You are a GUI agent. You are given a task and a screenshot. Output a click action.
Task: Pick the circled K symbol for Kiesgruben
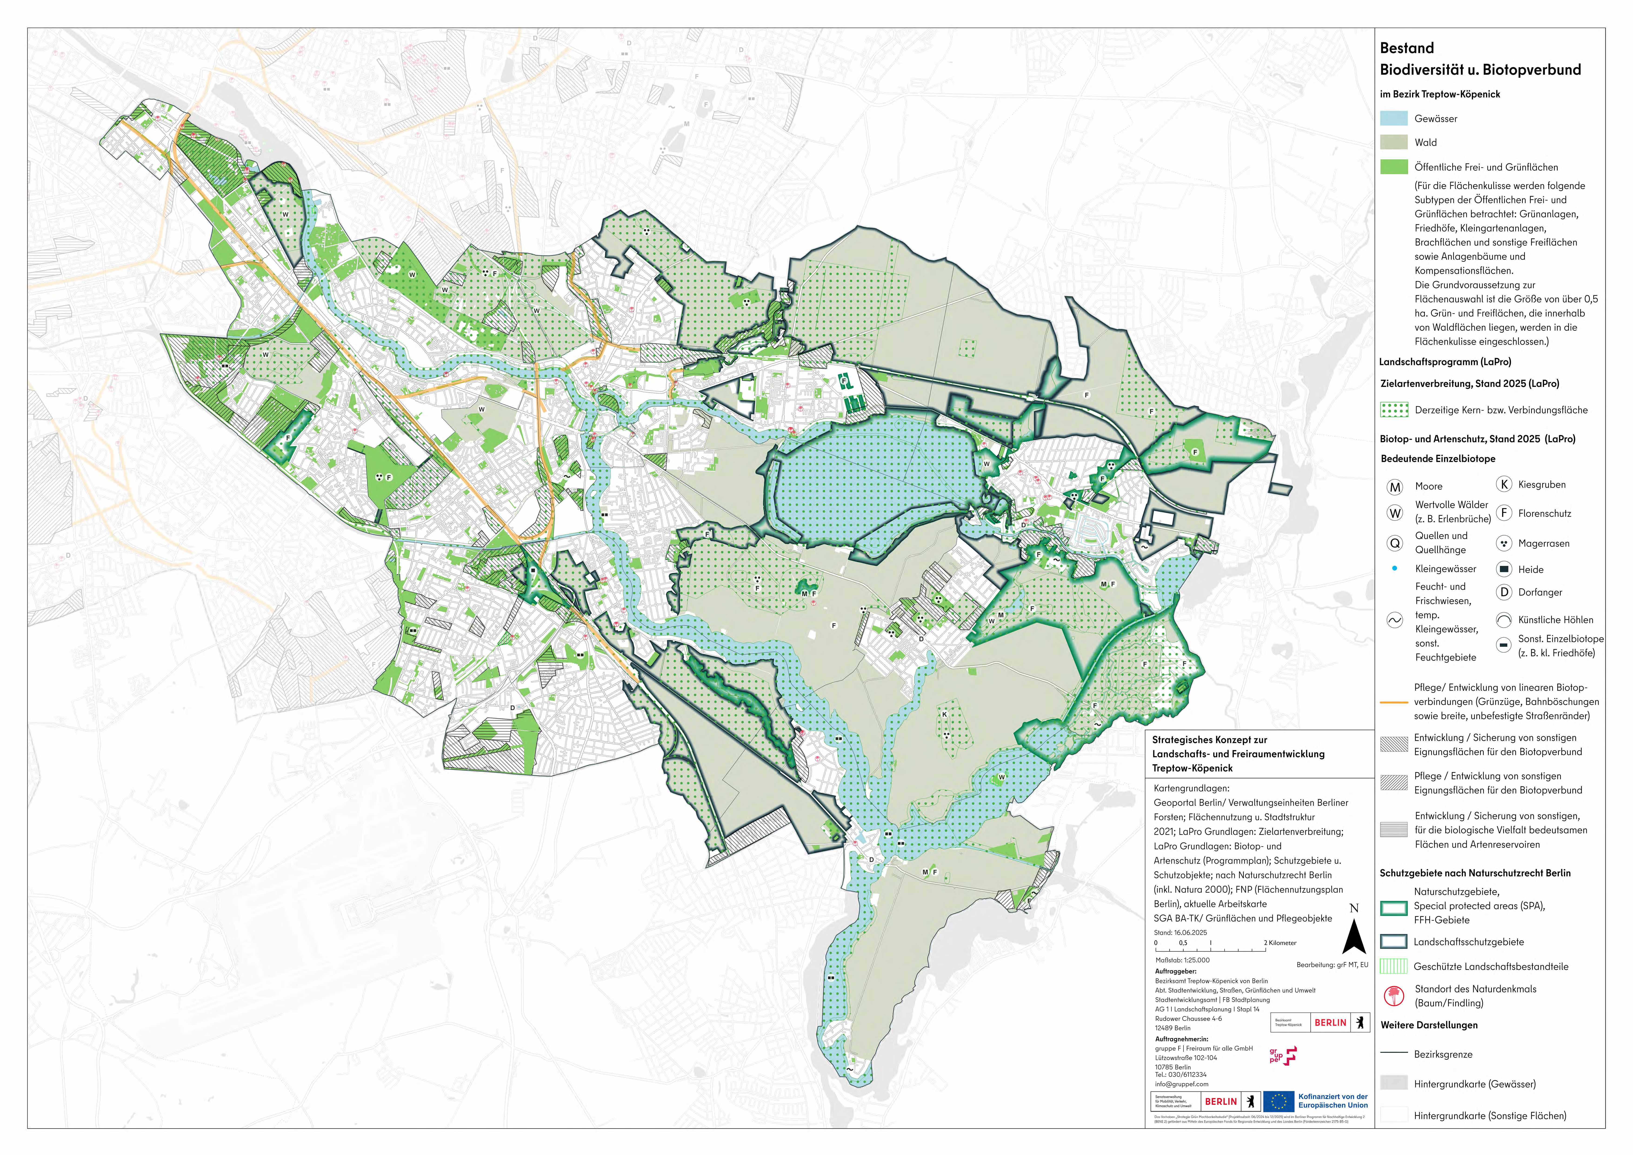pyautogui.click(x=1503, y=484)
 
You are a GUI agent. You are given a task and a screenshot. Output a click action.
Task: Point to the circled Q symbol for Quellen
pyautogui.click(x=1395, y=543)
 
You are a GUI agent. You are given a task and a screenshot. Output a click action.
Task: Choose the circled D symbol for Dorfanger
pyautogui.click(x=1503, y=592)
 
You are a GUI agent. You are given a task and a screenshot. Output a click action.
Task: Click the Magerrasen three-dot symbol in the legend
pyautogui.click(x=1503, y=543)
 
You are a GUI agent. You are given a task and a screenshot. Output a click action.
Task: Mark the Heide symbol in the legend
pyautogui.click(x=1503, y=569)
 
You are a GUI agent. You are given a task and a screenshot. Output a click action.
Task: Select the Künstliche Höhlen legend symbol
pyautogui.click(x=1503, y=620)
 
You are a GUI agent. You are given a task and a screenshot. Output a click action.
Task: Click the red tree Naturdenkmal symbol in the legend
pyautogui.click(x=1394, y=996)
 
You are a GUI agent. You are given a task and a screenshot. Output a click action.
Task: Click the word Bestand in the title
pyautogui.click(x=1406, y=48)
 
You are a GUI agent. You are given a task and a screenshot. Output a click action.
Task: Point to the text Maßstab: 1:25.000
pyautogui.click(x=1182, y=960)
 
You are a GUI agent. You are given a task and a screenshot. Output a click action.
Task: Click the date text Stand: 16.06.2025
pyautogui.click(x=1180, y=932)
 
